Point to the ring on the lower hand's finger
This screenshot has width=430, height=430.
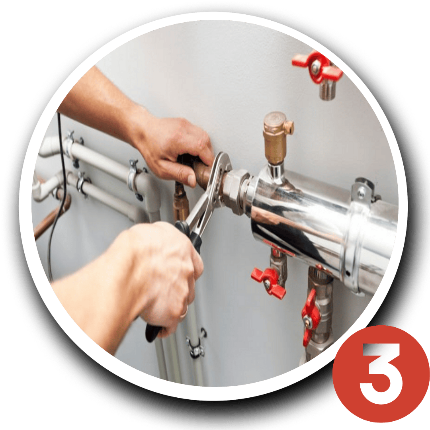pyautogui.click(x=184, y=312)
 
